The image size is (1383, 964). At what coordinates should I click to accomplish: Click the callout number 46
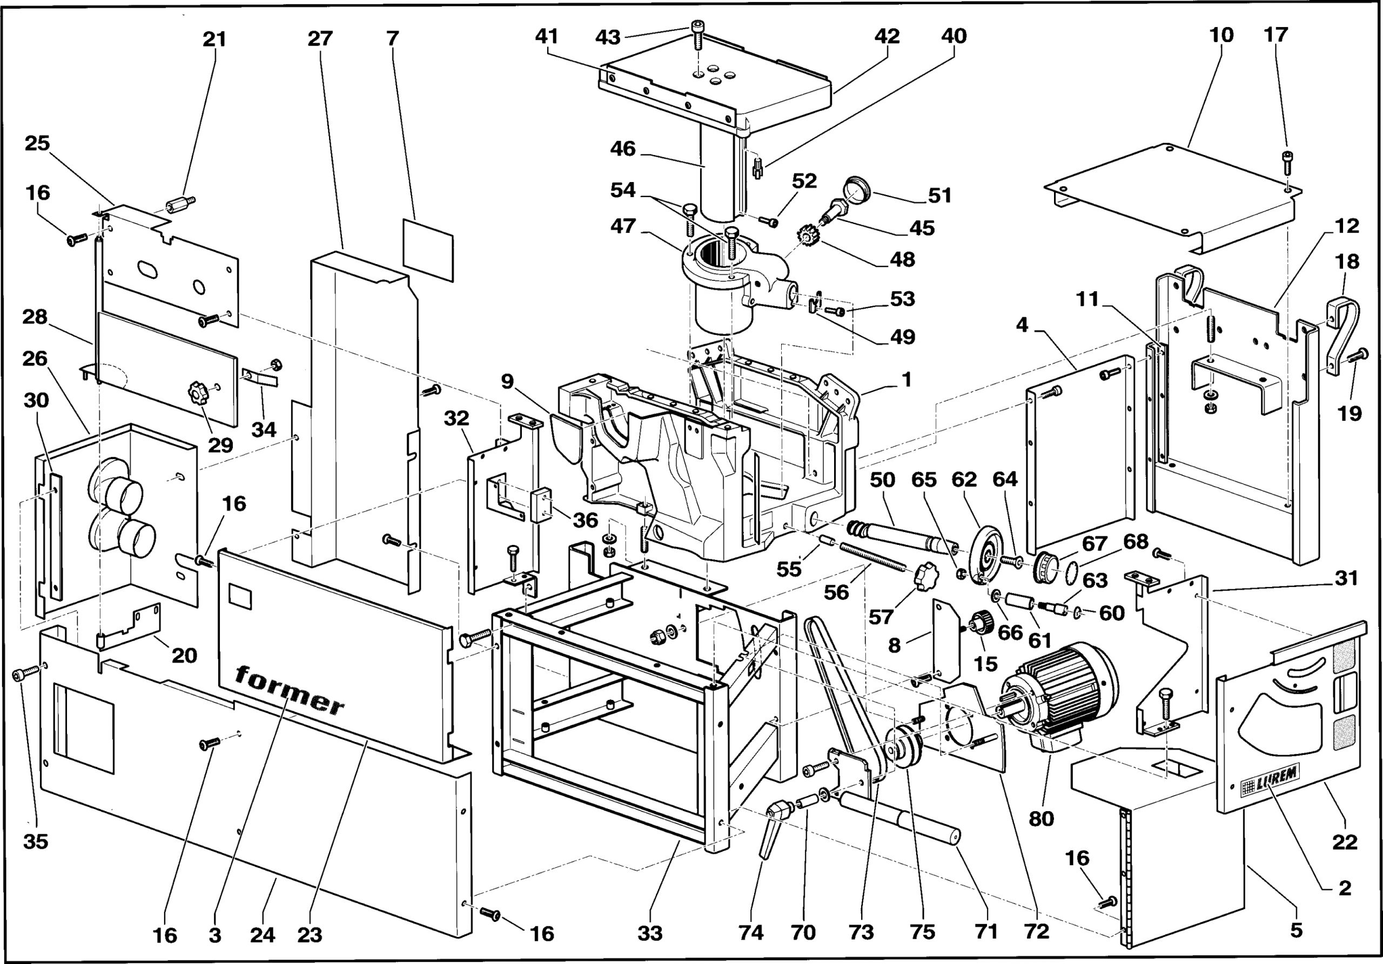pyautogui.click(x=622, y=149)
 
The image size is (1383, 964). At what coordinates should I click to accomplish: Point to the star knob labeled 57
pyautogui.click(x=926, y=576)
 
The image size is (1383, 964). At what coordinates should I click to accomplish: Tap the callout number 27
pyautogui.click(x=320, y=39)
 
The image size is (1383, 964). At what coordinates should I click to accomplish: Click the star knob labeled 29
pyautogui.click(x=198, y=393)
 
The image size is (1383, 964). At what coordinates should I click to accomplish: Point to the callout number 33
pyautogui.click(x=650, y=933)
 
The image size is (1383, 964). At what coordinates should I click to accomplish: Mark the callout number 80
pyautogui.click(x=1041, y=819)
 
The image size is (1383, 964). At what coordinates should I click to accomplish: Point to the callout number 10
pyautogui.click(x=1221, y=35)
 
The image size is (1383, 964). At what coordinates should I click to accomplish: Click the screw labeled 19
pyautogui.click(x=1356, y=355)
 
